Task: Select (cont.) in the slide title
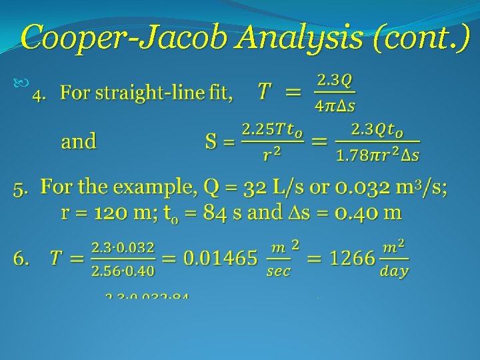[x=419, y=38]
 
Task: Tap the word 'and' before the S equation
[x=79, y=141]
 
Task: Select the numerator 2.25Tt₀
[x=272, y=129]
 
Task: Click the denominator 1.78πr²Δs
[x=377, y=155]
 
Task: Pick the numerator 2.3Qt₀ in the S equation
[x=377, y=129]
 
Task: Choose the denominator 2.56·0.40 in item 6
[x=122, y=271]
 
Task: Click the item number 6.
[x=21, y=258]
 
